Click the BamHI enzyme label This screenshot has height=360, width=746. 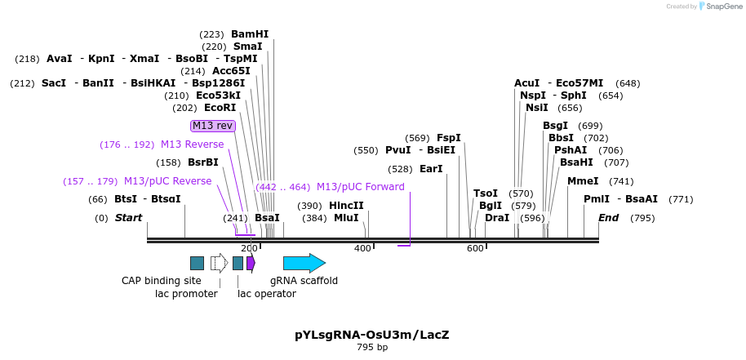click(249, 34)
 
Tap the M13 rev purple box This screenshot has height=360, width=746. click(212, 126)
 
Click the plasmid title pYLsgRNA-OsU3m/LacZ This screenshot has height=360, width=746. click(372, 335)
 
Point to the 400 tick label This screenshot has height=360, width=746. click(362, 248)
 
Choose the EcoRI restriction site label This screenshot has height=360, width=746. click(220, 108)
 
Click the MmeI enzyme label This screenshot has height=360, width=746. click(583, 181)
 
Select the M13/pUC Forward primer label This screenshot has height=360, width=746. click(360, 187)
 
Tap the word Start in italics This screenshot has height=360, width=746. click(128, 218)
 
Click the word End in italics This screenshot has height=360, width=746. click(609, 218)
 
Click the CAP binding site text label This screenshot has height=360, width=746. click(162, 281)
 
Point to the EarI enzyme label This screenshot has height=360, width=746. click(431, 169)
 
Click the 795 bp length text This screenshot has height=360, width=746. click(372, 348)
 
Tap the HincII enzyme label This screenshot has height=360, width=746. click(346, 206)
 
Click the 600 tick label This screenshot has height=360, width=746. click(475, 248)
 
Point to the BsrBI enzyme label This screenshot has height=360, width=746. click(203, 162)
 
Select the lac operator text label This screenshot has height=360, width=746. click(267, 294)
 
